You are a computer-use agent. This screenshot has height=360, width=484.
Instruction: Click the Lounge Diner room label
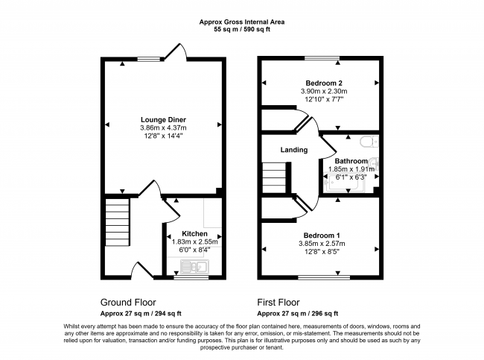163,119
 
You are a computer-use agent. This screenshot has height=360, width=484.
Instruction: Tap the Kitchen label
194,233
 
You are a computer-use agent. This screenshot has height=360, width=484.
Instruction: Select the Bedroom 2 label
324,83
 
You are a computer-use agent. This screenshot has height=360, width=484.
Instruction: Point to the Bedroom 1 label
322,236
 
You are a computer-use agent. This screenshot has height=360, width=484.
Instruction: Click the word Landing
294,150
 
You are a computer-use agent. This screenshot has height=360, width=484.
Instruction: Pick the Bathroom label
351,161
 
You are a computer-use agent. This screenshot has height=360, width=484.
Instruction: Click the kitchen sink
194,266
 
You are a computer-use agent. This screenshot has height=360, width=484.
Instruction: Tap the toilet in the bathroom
369,141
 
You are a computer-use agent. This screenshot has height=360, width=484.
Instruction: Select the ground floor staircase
118,222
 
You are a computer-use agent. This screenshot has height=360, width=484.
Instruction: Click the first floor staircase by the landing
274,177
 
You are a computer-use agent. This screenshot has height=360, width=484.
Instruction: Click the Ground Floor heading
128,302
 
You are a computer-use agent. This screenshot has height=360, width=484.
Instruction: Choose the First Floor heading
278,302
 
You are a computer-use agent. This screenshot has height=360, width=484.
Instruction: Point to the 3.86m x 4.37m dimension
163,127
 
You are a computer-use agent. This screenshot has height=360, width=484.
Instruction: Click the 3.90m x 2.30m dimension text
324,91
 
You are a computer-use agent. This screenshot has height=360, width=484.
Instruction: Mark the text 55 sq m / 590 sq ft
242,30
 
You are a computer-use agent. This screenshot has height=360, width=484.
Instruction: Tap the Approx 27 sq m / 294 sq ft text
141,313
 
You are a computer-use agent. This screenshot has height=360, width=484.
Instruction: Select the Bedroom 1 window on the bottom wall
324,277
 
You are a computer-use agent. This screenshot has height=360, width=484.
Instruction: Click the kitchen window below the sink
191,277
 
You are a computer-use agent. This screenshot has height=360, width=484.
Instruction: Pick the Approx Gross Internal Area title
242,22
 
